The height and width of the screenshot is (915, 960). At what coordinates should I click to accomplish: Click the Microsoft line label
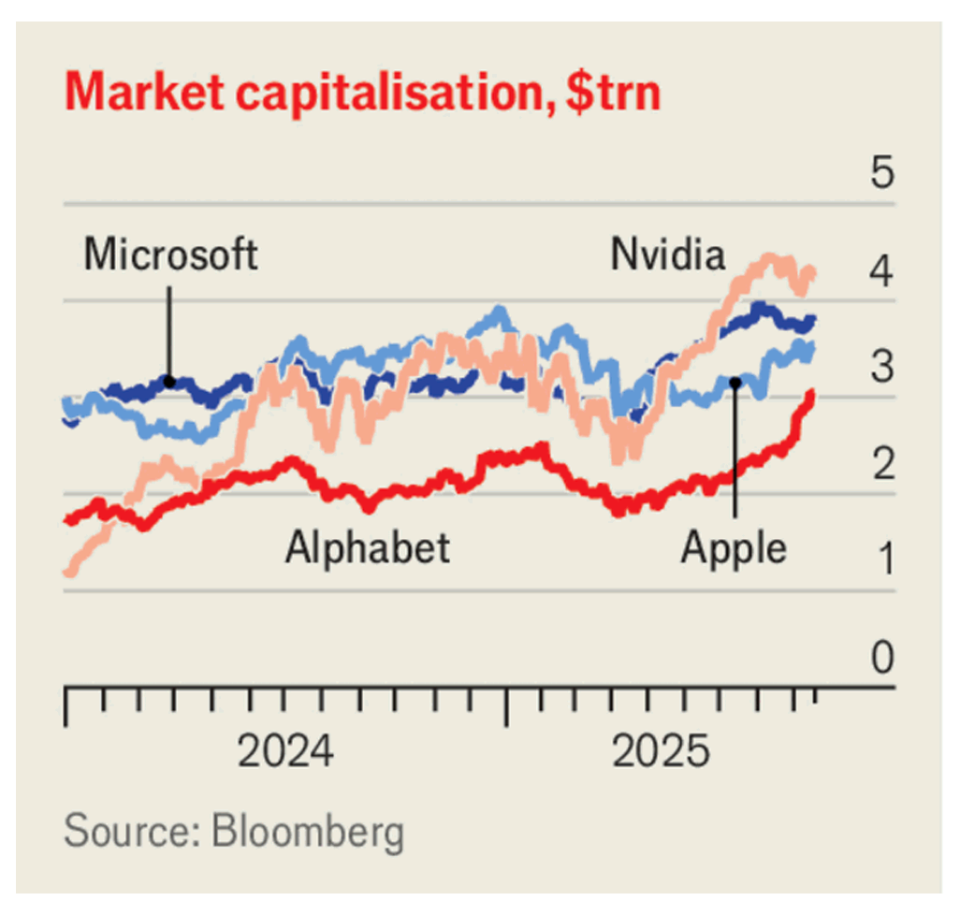pyautogui.click(x=170, y=254)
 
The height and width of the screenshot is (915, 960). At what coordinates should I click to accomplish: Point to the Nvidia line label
pyautogui.click(x=667, y=254)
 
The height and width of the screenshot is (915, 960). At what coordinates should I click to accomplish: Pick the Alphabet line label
pyautogui.click(x=368, y=545)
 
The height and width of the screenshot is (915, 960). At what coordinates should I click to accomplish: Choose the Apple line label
pyautogui.click(x=734, y=545)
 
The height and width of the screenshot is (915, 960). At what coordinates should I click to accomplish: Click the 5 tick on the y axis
pyautogui.click(x=882, y=175)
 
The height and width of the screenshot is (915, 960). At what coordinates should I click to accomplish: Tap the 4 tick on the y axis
pyautogui.click(x=882, y=272)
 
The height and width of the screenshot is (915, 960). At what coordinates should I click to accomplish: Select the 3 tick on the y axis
pyautogui.click(x=882, y=369)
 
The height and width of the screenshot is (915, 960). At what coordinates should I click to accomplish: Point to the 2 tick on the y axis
pyautogui.click(x=882, y=465)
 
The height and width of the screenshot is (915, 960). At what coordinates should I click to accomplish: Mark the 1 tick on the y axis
pyautogui.click(x=882, y=561)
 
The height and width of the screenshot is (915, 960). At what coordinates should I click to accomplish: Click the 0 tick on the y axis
pyautogui.click(x=882, y=658)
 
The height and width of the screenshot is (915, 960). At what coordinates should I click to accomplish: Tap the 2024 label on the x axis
pyautogui.click(x=285, y=751)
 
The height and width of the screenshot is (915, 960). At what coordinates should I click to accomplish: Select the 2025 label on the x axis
pyautogui.click(x=661, y=751)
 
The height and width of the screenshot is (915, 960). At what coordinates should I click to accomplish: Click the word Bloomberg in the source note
pyautogui.click(x=308, y=832)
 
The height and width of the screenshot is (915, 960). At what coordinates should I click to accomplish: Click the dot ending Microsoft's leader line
pyautogui.click(x=169, y=381)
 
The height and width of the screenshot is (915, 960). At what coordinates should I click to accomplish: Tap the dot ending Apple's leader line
pyautogui.click(x=735, y=381)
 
